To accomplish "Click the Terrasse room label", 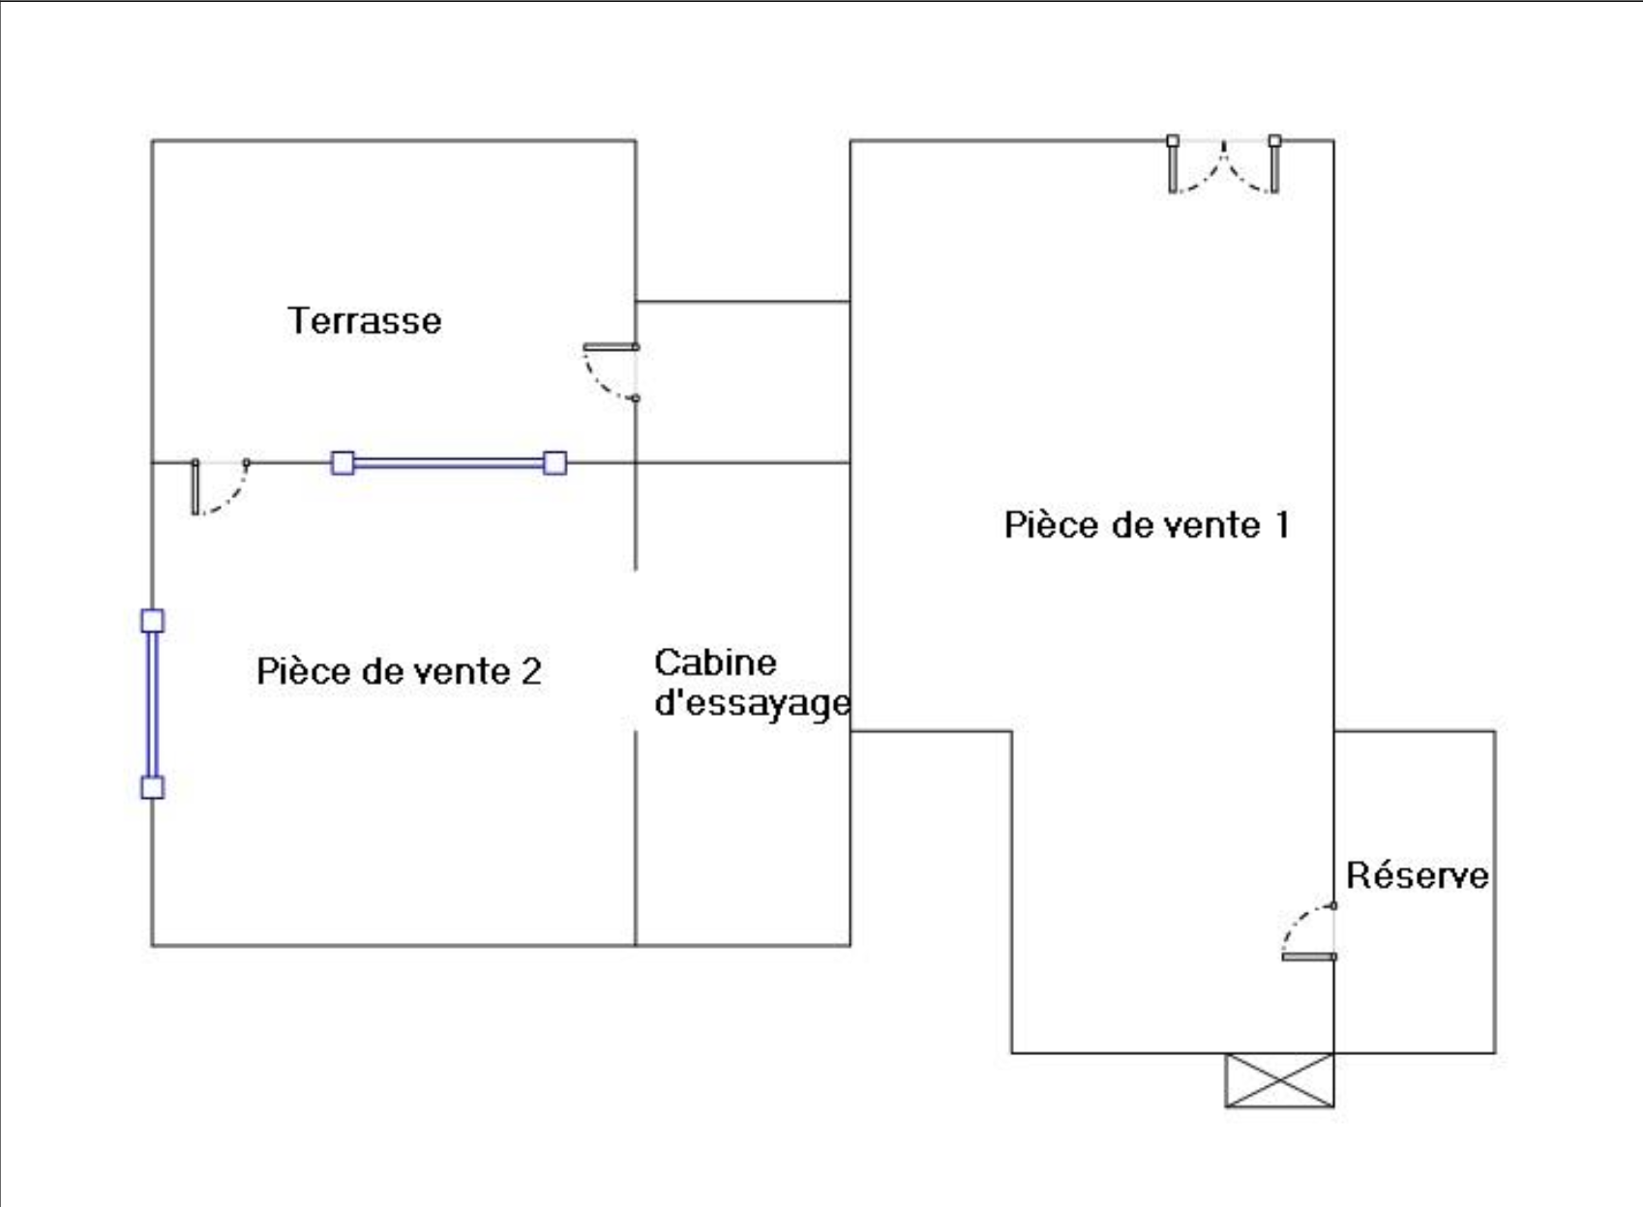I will tap(365, 321).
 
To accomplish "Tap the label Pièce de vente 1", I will tap(1147, 525).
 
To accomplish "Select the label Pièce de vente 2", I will tap(399, 671).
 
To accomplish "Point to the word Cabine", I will tap(715, 662).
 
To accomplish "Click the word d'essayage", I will tap(752, 703).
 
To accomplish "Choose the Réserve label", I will tap(1418, 875).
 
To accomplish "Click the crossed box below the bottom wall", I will tap(1279, 1080).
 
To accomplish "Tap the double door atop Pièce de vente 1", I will tap(1224, 165).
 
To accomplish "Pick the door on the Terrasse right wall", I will tap(611, 370).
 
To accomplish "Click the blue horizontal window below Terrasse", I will tap(449, 463).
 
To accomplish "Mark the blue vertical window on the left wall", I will tap(153, 704).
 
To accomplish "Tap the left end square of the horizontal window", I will tap(343, 463).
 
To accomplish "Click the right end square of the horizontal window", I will tap(554, 463).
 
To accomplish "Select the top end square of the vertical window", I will tap(153, 621).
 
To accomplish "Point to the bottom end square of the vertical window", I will tap(153, 787).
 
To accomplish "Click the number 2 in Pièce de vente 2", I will tap(531, 671).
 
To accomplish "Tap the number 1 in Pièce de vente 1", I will tap(1282, 525).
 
